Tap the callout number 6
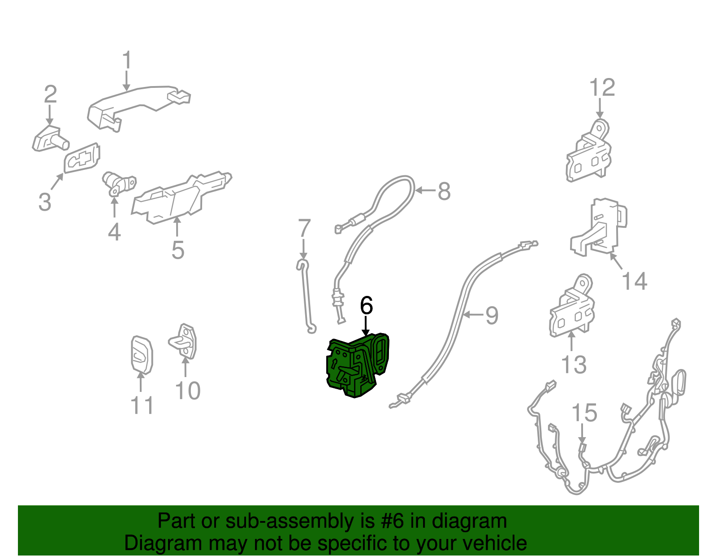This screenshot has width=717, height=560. pos(366,305)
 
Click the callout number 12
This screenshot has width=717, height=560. pos(602,87)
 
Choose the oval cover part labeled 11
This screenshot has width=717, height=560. pos(142,355)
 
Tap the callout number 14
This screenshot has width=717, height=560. pos(634,281)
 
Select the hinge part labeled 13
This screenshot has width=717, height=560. pos(572,305)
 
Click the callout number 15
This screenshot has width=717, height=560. pos(584,412)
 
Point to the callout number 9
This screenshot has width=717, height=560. pos(492,316)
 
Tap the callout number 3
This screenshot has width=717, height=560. pos(45,201)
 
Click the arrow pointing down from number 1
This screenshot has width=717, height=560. pos(126,80)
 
